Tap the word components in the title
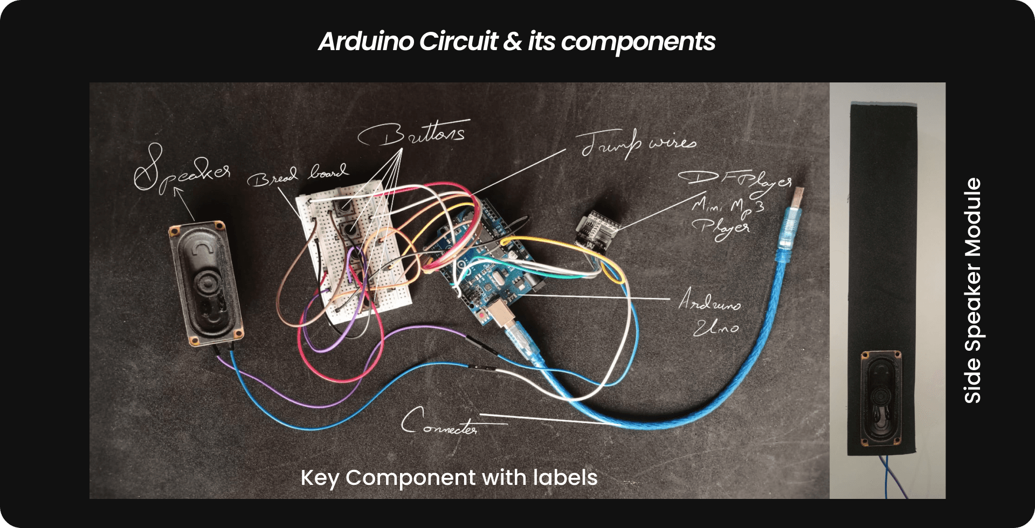tap(638, 41)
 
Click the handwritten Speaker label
tap(181, 169)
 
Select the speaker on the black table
tap(206, 283)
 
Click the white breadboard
tap(356, 253)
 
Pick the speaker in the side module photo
tap(881, 399)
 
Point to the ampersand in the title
tap(512, 41)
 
